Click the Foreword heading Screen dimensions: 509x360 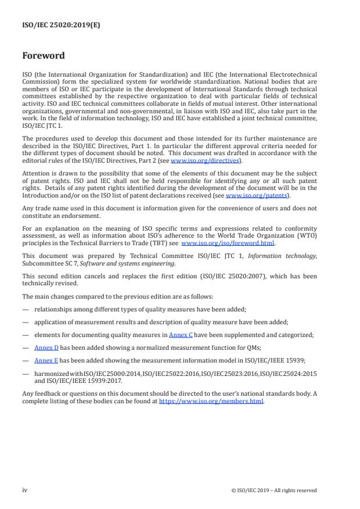44,56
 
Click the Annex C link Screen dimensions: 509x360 181,335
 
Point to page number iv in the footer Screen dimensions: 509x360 24,490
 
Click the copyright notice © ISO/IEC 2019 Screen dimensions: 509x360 273,490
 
